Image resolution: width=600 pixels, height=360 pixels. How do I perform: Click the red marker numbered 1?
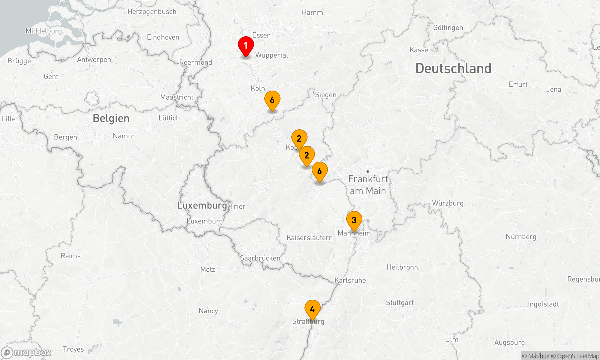[x=246, y=46]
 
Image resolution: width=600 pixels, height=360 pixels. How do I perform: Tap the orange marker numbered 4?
[x=312, y=309]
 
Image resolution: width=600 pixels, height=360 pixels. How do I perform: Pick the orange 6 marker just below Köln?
[x=272, y=100]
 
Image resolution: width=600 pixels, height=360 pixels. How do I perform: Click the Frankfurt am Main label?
[x=368, y=185]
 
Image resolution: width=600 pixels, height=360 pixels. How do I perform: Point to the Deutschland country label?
[x=453, y=69]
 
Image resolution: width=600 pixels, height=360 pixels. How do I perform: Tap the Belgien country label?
[x=111, y=118]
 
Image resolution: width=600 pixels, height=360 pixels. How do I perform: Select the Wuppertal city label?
[x=271, y=55]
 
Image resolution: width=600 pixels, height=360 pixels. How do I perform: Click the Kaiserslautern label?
[x=309, y=238]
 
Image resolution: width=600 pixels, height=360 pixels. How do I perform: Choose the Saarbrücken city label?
[x=260, y=258]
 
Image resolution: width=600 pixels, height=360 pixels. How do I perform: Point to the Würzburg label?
[x=448, y=203]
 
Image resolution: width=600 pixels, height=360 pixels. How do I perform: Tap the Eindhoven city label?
[x=163, y=37]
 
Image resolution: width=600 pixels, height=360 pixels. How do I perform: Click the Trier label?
[x=238, y=206]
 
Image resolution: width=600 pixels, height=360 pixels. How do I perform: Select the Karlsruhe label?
[x=350, y=280]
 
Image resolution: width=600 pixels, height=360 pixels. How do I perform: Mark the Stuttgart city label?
[x=400, y=302]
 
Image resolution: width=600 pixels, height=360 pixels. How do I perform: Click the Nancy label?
[x=208, y=311]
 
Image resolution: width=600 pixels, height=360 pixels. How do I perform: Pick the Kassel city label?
[x=420, y=50]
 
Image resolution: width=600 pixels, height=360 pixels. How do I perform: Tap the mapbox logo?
[x=26, y=352]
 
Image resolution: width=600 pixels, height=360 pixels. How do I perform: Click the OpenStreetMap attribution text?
[x=578, y=356]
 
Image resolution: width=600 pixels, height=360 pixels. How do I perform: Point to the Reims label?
[x=70, y=256]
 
